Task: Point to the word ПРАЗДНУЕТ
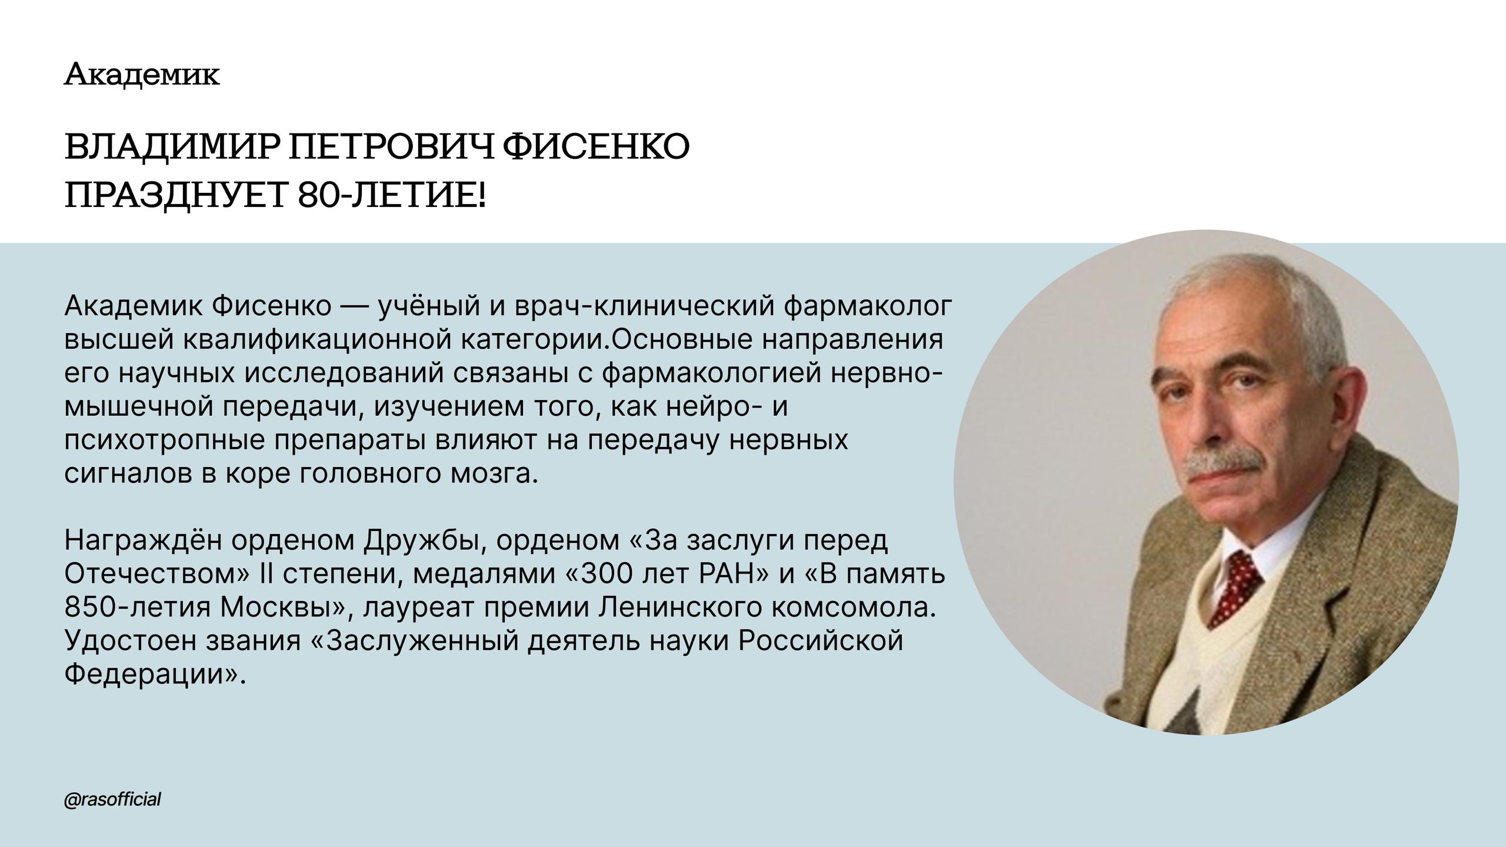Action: pos(177,195)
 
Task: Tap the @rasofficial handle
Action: pos(112,800)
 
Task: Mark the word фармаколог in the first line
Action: pos(868,307)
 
